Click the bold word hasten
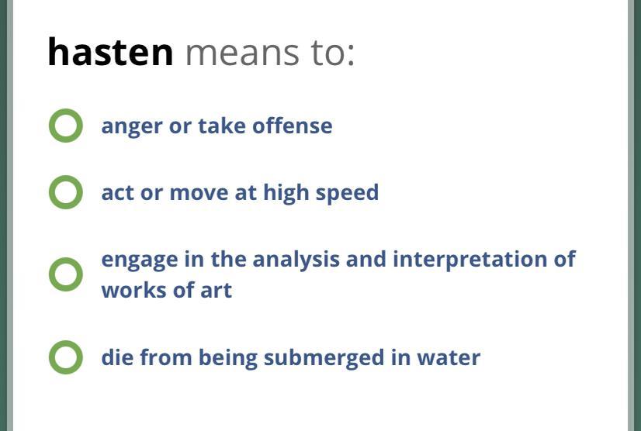click(110, 52)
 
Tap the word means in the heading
click(243, 53)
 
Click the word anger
click(132, 127)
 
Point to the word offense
click(293, 126)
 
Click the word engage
click(140, 261)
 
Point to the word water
click(449, 358)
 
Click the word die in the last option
click(117, 357)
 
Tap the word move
click(199, 194)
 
